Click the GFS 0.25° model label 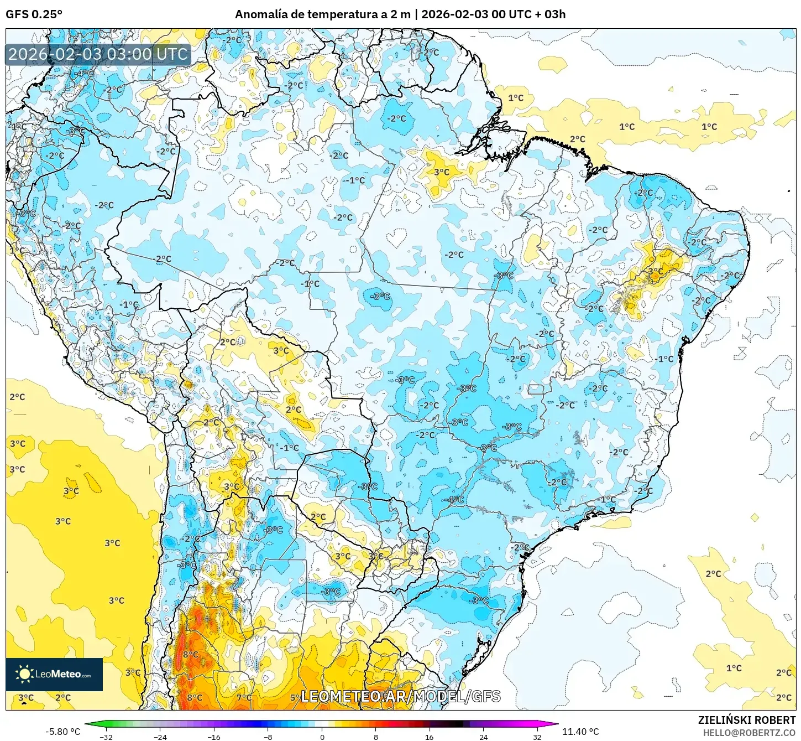click(34, 14)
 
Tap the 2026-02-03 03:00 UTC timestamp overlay click(98, 54)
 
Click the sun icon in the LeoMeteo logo click(24, 673)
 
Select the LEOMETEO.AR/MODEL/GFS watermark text click(400, 696)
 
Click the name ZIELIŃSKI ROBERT click(746, 720)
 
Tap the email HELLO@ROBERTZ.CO click(749, 732)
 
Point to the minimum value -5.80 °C click(62, 732)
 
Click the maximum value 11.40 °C click(580, 732)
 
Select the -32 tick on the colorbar click(106, 737)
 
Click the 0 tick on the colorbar click(322, 737)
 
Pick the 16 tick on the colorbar click(430, 737)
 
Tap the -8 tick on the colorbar click(268, 737)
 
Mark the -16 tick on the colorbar click(214, 737)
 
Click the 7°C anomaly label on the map click(244, 697)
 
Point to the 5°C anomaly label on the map click(295, 698)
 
